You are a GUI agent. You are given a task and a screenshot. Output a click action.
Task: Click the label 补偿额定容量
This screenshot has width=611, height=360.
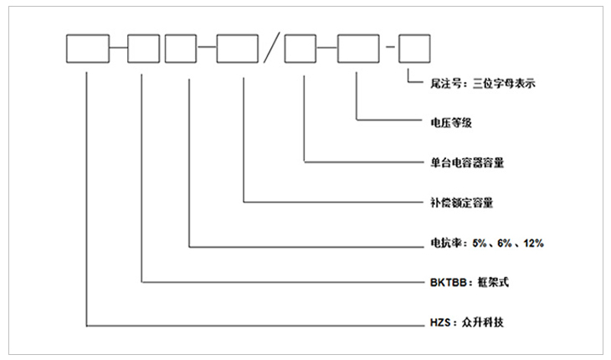pyautogui.click(x=456, y=203)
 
